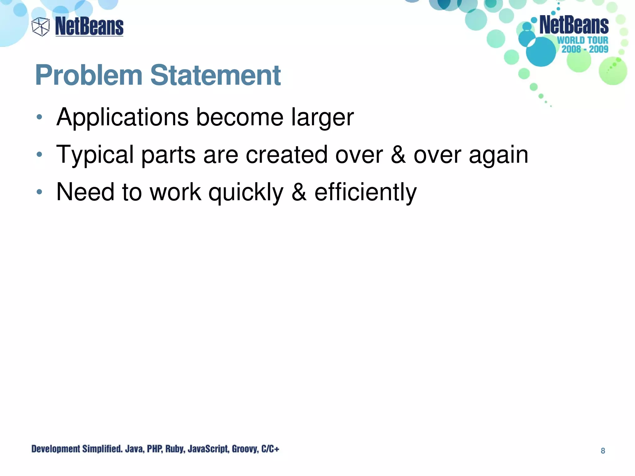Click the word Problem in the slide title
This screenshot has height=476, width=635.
point(89,75)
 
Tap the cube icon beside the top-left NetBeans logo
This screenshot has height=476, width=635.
point(41,27)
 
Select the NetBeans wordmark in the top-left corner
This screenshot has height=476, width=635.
point(89,27)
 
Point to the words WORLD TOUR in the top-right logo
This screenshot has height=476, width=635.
point(583,40)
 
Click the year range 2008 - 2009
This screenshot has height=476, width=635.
point(585,49)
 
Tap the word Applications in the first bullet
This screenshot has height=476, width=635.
point(122,117)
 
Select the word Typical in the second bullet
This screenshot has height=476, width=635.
point(95,155)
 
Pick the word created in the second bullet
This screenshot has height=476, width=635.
point(286,155)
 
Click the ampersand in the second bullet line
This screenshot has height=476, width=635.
point(398,155)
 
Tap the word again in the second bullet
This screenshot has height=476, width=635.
point(498,155)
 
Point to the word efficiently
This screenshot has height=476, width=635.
point(366,192)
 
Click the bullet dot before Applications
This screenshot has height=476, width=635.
point(39,117)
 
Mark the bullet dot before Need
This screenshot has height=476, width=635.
point(39,192)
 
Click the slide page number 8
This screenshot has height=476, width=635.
point(603,451)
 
